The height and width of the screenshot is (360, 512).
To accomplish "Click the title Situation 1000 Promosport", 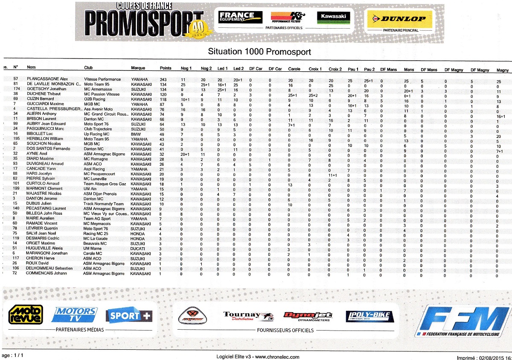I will point(259,52).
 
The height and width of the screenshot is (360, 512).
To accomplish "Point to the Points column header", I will point(166,68).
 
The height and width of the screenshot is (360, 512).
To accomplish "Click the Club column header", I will point(88,68).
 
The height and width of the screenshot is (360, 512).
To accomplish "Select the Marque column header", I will point(138,68).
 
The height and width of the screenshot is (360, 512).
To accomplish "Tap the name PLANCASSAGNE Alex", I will point(47,79).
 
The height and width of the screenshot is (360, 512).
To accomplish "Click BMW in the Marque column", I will point(135,134).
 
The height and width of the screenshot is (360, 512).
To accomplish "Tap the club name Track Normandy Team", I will point(104,204).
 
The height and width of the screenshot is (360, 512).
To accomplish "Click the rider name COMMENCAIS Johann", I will point(47,273).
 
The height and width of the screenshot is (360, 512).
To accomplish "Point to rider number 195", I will point(17,139).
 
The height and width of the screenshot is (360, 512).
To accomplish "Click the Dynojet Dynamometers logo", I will point(308,316).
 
